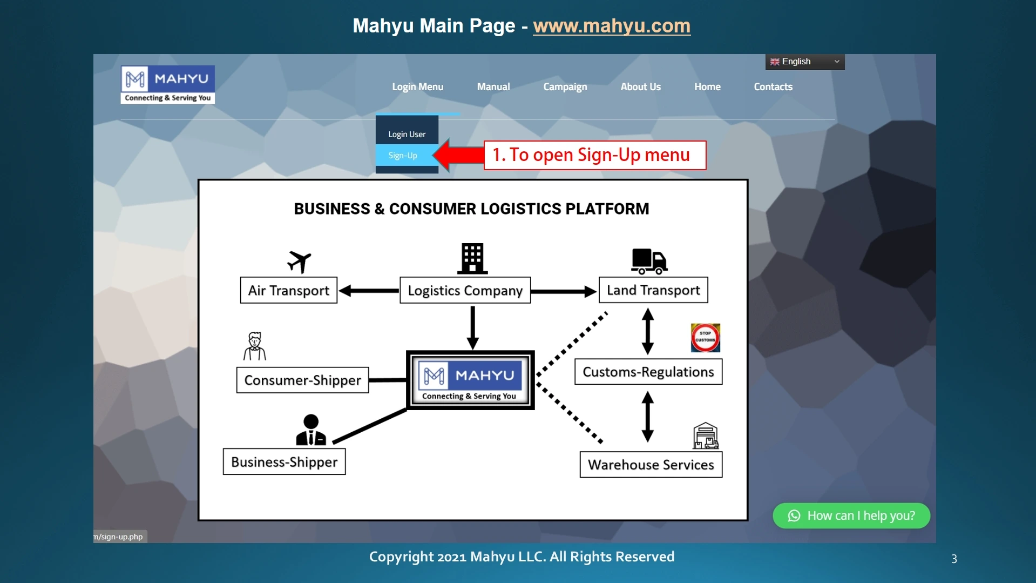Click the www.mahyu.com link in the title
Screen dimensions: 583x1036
pos(611,26)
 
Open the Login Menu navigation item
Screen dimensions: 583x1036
pos(417,87)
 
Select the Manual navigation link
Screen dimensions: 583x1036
pos(493,87)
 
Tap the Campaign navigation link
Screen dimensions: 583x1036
pos(565,87)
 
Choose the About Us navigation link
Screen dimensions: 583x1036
pos(640,87)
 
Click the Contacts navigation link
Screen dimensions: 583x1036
pos(773,87)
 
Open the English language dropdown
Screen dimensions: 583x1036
pos(804,62)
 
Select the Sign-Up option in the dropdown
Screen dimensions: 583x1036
pos(403,156)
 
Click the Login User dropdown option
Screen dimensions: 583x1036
pos(407,135)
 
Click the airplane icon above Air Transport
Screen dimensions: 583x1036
pos(299,262)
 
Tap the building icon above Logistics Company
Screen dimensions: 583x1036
pos(472,258)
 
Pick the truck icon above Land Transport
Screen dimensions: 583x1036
pos(649,261)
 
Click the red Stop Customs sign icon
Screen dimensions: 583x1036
pos(705,338)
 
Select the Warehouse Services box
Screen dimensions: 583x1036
pos(651,465)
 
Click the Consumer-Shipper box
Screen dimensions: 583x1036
pos(302,380)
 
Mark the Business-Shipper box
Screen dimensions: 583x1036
pos(284,462)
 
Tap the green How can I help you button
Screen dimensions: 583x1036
pos(851,515)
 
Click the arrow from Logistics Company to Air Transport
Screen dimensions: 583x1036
pos(369,291)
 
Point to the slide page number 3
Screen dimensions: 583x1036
pos(954,559)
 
